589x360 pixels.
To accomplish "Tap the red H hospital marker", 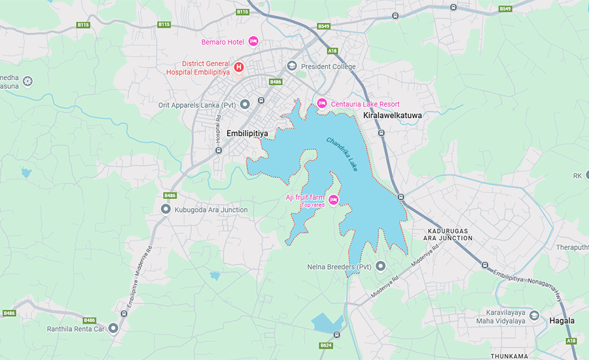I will point(239,67).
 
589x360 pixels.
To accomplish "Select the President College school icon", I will point(291,66).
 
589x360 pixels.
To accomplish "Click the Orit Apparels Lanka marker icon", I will point(245,104).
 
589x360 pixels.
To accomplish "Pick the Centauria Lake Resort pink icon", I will point(321,103).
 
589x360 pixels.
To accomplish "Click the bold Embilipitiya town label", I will point(247,133).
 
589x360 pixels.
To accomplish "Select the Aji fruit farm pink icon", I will point(333,199).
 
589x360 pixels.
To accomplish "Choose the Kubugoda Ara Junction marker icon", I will point(166,209).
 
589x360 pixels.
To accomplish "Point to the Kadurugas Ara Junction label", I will point(450,234).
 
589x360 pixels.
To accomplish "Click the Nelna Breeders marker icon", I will point(380,266).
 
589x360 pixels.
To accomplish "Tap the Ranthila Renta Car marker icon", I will point(113,329).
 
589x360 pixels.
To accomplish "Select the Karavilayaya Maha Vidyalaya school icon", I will point(535,317).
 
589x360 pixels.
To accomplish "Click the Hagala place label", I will point(562,321).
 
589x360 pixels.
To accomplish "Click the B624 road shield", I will point(326,345).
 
